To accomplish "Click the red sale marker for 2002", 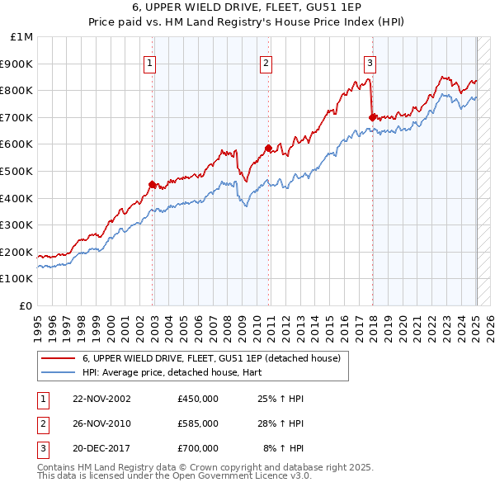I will [153, 184].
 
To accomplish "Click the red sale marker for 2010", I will [269, 149].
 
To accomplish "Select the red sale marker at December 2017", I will [373, 117].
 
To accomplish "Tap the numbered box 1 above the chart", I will [149, 63].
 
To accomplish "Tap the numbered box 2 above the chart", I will [266, 63].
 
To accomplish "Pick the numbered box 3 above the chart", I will [370, 63].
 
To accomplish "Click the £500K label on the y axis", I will [18, 172].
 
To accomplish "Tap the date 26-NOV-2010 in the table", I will [101, 423].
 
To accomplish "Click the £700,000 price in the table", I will [198, 448].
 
